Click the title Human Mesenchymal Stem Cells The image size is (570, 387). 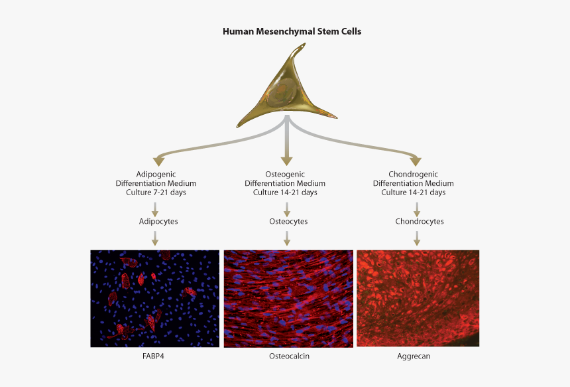(292, 32)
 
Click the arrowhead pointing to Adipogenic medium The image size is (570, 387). (159, 162)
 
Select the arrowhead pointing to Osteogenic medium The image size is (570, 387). (287, 161)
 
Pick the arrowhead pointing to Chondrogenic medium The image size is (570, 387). (416, 162)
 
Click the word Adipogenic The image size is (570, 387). (156, 175)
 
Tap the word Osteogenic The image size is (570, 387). (285, 175)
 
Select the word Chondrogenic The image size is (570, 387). (414, 175)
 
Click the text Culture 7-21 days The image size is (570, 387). (156, 193)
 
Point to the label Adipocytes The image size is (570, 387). (158, 221)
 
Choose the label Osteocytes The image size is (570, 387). (288, 221)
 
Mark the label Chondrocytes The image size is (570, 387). (420, 221)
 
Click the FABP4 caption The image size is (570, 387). (153, 356)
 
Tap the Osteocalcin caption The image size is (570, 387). (290, 356)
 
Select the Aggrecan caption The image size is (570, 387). (414, 356)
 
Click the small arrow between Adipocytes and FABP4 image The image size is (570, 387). (155, 238)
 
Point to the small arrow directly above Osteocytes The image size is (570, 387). (287, 209)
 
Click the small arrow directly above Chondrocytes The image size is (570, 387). (417, 209)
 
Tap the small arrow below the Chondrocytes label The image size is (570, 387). (417, 238)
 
